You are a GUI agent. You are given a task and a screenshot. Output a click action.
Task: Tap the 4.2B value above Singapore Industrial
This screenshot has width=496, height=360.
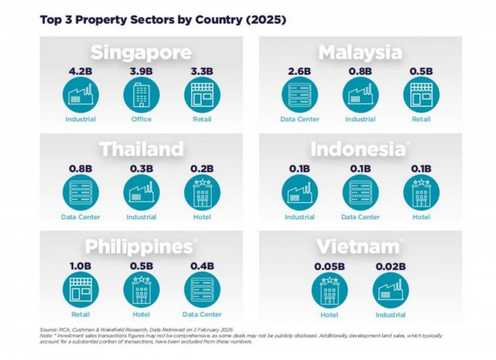tap(81, 72)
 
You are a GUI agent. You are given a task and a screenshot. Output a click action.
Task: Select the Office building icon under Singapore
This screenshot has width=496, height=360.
tap(141, 95)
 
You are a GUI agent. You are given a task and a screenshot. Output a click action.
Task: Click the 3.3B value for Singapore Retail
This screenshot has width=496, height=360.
tap(202, 72)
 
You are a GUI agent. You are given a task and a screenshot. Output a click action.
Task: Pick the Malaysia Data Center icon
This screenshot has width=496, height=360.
tap(299, 95)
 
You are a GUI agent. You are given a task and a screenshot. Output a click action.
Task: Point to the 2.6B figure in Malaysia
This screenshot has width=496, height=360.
tap(299, 72)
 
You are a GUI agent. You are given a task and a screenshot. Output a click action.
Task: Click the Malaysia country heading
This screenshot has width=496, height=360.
tap(360, 52)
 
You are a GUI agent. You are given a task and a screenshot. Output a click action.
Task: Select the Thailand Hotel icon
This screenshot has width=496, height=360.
tap(202, 193)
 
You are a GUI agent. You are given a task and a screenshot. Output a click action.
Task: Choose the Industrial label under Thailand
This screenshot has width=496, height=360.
tap(141, 217)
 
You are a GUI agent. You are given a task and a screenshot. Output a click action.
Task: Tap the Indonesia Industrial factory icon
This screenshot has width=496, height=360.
tap(299, 193)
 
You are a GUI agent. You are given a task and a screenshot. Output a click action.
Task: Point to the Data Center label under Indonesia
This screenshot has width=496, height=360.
tap(360, 217)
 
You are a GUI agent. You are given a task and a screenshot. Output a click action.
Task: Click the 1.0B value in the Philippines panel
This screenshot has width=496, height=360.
tap(81, 266)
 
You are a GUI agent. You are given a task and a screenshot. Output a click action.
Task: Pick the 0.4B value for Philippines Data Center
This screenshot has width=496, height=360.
tap(202, 266)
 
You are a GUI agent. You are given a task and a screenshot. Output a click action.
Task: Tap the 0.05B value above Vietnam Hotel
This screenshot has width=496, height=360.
tap(329, 266)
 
